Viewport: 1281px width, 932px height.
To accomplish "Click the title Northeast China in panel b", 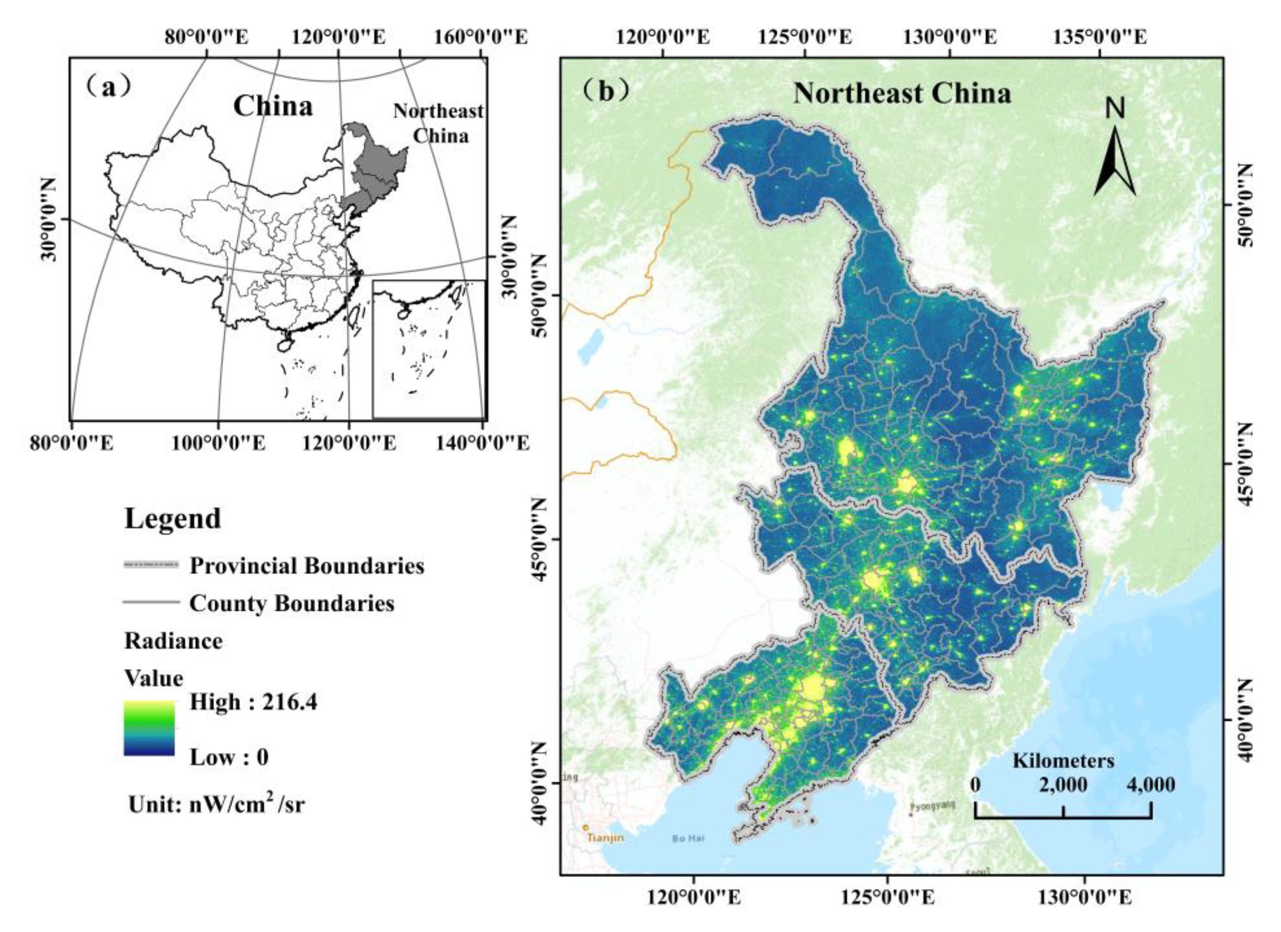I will coord(902,93).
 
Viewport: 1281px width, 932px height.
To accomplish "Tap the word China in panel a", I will coord(273,106).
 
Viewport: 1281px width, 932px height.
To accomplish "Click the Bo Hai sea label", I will coord(688,839).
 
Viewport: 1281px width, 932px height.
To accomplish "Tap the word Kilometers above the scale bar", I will coord(1063,760).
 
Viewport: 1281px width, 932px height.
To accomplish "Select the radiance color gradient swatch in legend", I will coord(149,728).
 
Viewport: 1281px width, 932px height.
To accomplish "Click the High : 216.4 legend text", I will coord(253,702).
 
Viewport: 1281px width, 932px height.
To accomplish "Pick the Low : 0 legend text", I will coord(229,757).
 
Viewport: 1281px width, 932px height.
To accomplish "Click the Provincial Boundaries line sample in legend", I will coord(151,565).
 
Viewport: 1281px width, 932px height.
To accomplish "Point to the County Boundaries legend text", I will coord(291,603).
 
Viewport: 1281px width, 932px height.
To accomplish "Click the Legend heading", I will coord(172,518).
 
